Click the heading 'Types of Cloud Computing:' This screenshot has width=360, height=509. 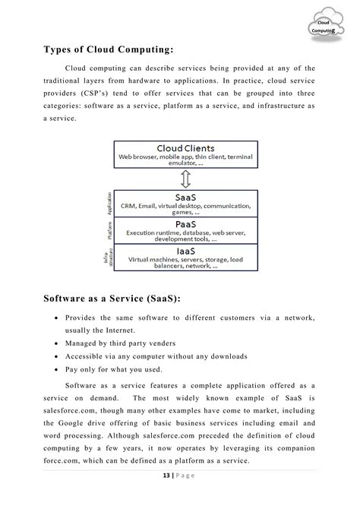click(108, 50)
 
